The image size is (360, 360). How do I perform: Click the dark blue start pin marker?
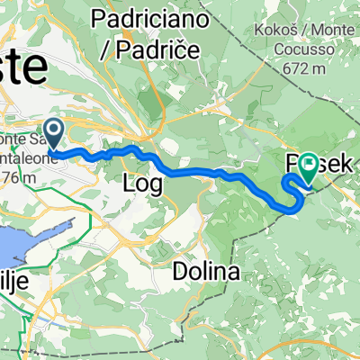tap(53, 135)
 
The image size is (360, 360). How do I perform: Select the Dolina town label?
tap(208, 246)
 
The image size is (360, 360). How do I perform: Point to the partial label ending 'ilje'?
tap(15, 282)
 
